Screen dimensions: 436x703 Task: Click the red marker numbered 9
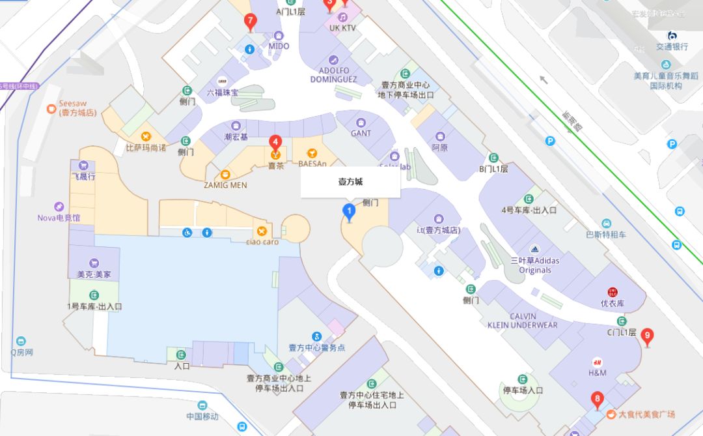(x=647, y=336)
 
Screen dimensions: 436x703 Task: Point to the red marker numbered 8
(x=596, y=400)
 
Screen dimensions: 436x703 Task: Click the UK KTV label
(x=342, y=28)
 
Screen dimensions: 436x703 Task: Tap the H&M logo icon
(x=597, y=362)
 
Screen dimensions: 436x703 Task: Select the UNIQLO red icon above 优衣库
(x=612, y=292)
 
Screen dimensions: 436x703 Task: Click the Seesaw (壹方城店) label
(x=77, y=108)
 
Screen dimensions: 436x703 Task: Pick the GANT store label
(x=361, y=133)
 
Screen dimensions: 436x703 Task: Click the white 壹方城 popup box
(x=350, y=182)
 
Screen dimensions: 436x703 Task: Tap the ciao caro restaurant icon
(x=262, y=231)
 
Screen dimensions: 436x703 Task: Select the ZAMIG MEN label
(x=225, y=185)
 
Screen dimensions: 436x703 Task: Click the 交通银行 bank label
(x=672, y=47)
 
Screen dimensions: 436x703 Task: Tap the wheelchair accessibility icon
(x=187, y=232)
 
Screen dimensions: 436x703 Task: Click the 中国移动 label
(x=202, y=416)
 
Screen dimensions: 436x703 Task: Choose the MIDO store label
(x=279, y=46)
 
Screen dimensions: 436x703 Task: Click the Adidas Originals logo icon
(x=534, y=250)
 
